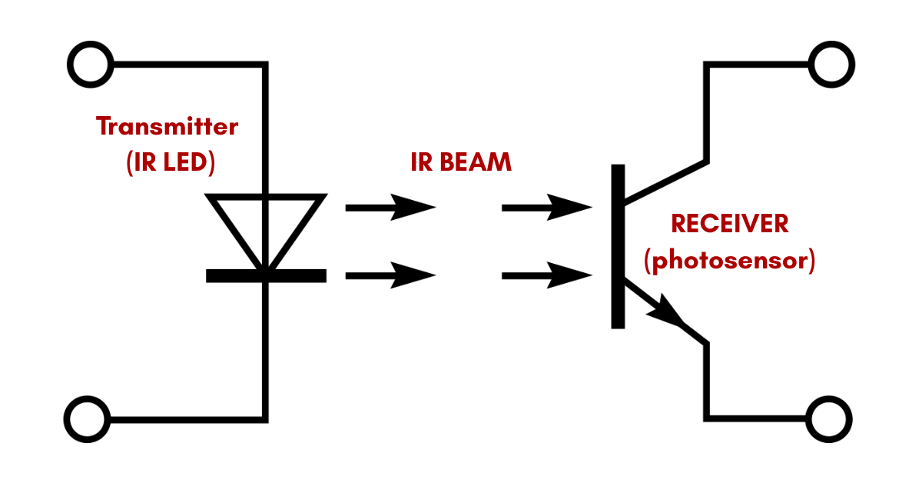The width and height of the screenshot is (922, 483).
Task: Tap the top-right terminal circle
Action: (831, 64)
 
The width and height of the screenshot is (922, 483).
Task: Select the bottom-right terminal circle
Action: (831, 420)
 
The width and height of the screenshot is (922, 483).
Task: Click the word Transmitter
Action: (167, 127)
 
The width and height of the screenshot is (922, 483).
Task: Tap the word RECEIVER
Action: (730, 224)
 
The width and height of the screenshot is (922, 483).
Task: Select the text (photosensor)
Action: (730, 261)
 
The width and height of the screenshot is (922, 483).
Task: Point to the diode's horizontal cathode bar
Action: (266, 275)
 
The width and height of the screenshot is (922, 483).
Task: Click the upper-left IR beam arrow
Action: (390, 207)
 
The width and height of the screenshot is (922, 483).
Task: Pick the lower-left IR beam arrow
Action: (390, 275)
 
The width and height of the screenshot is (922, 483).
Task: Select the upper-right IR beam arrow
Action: (546, 207)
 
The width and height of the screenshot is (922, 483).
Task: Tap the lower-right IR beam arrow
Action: (546, 275)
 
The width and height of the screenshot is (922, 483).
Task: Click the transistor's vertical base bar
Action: (618, 246)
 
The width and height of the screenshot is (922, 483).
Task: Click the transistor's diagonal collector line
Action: (665, 182)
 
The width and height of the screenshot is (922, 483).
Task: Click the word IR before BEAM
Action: (421, 162)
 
